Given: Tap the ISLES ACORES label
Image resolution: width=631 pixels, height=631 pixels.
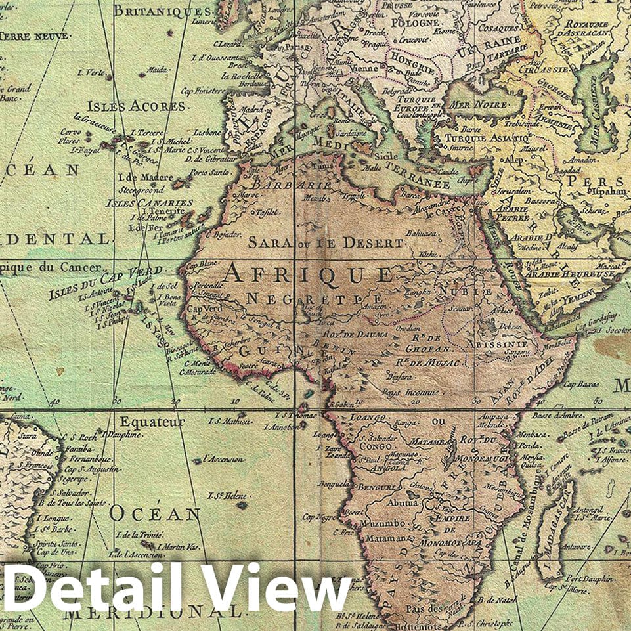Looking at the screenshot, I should [137, 106].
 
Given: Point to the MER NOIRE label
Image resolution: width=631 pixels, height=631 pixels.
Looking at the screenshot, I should [477, 106].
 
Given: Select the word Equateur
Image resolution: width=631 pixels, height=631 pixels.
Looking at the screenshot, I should [152, 422].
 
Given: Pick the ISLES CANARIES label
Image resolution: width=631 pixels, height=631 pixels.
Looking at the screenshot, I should [150, 203].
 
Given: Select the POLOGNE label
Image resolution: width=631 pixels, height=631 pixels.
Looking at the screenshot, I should [414, 22].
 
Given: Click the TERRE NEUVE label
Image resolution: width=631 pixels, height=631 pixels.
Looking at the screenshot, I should [28, 36].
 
